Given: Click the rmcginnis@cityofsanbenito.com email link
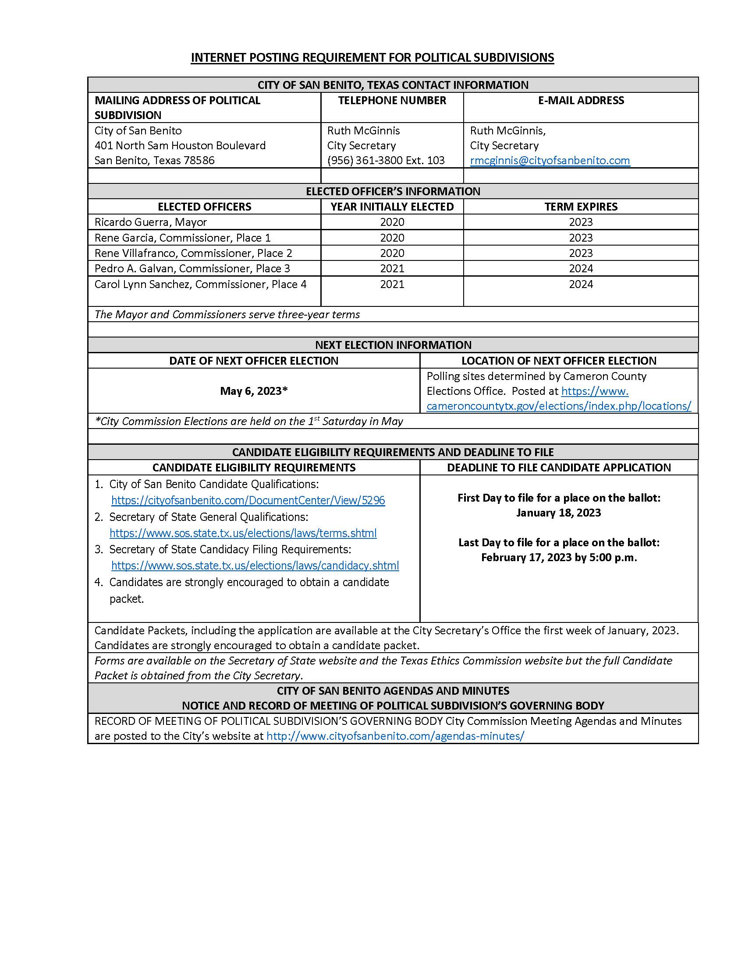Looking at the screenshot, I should coord(550,161).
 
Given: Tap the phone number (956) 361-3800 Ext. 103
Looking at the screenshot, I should coord(385,161).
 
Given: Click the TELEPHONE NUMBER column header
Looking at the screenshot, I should coord(392,101).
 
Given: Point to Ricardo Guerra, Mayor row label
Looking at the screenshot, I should coord(150,222).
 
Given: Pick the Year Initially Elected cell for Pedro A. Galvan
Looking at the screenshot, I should coord(392,268).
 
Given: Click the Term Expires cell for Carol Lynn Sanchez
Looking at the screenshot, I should coord(580,285).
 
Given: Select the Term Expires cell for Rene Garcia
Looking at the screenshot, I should coord(580,238).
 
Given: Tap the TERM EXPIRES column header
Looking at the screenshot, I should coord(580,207).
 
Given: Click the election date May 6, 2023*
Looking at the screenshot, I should coord(254,391).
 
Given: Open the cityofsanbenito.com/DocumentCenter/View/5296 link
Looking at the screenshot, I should coord(248,500).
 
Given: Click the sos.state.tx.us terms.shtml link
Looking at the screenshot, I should coord(243,533).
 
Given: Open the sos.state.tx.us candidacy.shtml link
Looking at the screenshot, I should coord(255,566).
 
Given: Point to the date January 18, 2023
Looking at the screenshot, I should coord(558,513).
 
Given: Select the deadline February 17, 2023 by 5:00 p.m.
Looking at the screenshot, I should coord(559,558).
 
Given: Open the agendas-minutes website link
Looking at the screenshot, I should coord(395,736).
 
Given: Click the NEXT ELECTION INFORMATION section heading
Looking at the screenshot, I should coord(393,345).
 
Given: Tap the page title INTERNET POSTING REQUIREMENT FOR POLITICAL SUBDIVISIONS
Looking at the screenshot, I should coord(372,58).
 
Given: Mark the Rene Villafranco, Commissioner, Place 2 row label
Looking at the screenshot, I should coord(193,253).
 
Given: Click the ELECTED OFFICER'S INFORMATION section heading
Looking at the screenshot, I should coord(393,191).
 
